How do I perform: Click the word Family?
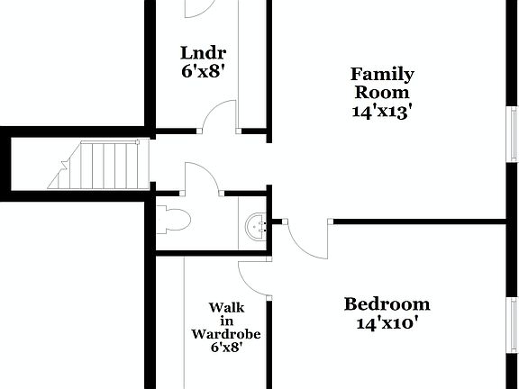click(x=382, y=75)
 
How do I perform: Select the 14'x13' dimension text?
click(x=382, y=111)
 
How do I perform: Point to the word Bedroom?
click(x=387, y=303)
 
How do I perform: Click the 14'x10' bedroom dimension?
click(x=387, y=321)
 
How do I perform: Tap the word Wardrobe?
click(x=226, y=333)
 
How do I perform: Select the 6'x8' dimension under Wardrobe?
click(x=226, y=347)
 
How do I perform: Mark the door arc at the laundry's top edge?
click(x=198, y=9)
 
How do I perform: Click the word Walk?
click(x=227, y=308)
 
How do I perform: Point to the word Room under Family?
click(x=382, y=93)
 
